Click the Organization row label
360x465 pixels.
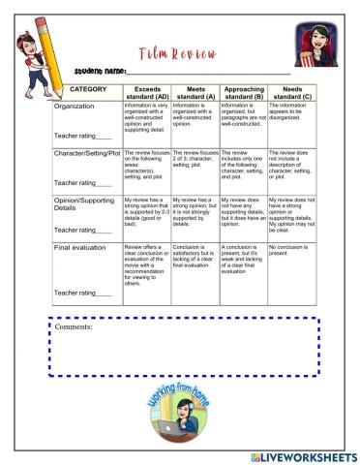click(x=79, y=107)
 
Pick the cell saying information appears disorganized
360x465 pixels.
click(x=290, y=113)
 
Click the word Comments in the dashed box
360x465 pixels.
click(x=75, y=327)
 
